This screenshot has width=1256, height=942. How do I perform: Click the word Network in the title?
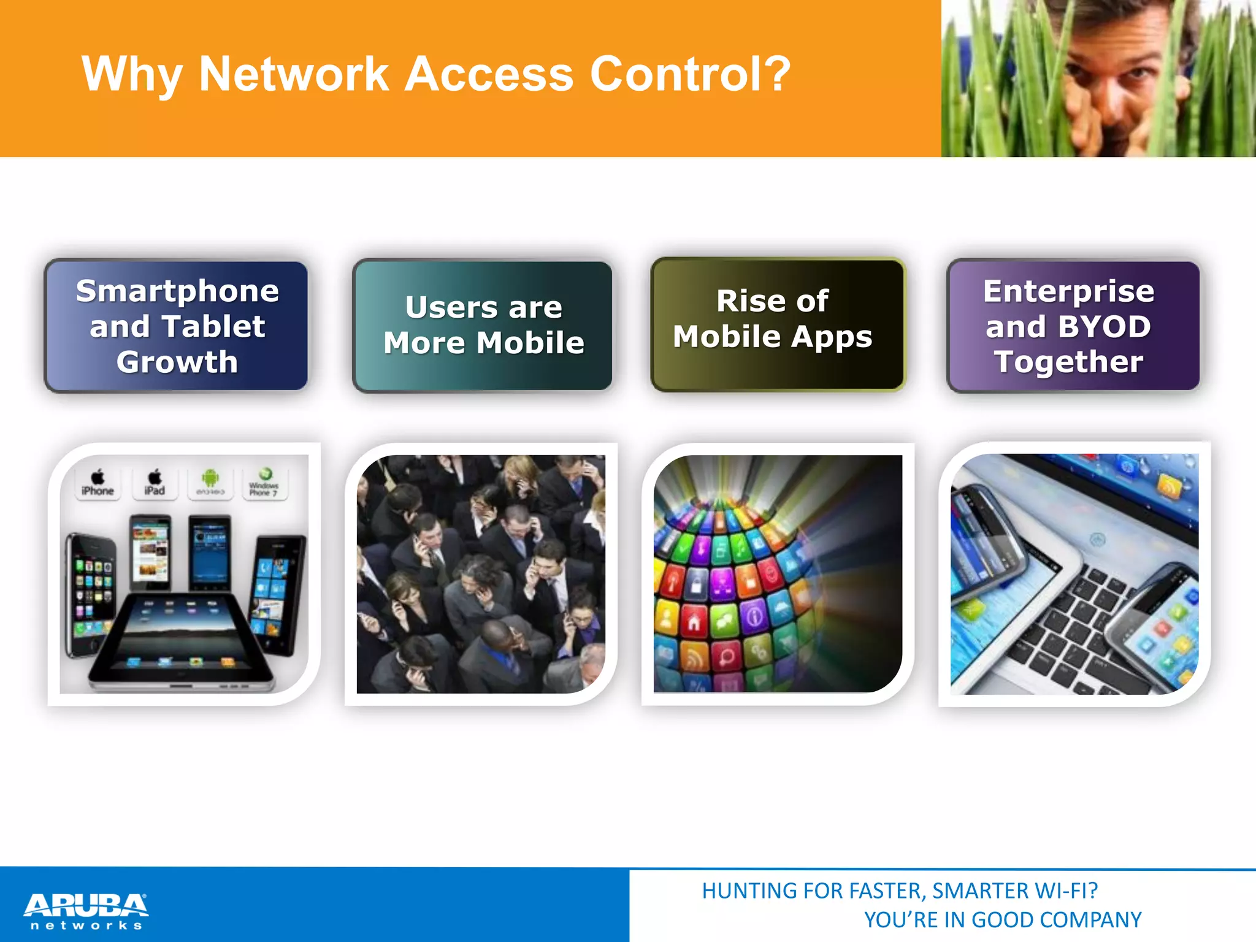tap(294, 74)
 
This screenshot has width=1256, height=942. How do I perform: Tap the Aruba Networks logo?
tap(86, 911)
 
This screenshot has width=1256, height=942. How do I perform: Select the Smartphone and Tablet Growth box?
tap(177, 326)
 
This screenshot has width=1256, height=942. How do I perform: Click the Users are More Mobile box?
tap(483, 326)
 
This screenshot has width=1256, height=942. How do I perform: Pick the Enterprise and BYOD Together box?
tap(1073, 326)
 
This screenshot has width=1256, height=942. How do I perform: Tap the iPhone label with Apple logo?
tap(98, 484)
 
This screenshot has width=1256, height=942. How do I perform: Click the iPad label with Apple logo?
tap(155, 484)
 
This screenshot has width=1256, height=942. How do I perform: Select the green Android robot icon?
tap(210, 478)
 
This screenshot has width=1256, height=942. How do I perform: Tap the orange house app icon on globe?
tap(694, 622)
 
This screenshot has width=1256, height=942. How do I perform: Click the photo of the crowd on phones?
tap(481, 574)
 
